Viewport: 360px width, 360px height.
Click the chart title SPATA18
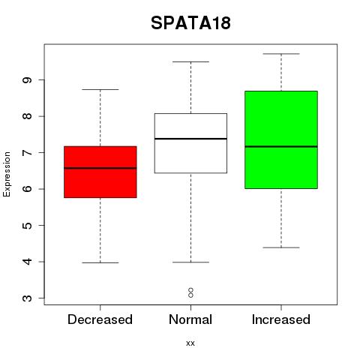(190, 23)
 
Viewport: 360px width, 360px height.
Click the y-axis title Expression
(7, 174)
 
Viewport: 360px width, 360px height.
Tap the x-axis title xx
(190, 343)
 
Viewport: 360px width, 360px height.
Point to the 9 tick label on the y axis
(27, 80)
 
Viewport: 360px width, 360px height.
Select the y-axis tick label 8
(27, 116)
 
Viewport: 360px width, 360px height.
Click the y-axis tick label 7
(27, 153)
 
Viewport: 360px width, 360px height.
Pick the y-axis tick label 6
(27, 189)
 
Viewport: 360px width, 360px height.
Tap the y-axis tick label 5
(27, 226)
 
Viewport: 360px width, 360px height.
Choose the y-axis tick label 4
(27, 262)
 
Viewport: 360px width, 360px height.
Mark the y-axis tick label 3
(27, 298)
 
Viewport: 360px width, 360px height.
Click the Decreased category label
(100, 319)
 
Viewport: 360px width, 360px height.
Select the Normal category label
(190, 319)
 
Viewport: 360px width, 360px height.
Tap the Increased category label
(281, 319)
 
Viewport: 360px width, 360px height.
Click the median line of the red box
(100, 168)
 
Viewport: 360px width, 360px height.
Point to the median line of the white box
(190, 139)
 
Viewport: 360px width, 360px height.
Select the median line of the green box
(281, 147)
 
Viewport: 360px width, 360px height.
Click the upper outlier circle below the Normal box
(190, 290)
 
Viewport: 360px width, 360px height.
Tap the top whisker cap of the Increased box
(281, 54)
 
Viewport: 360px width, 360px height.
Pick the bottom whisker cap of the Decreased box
(100, 262)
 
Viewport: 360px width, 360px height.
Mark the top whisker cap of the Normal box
(190, 61)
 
